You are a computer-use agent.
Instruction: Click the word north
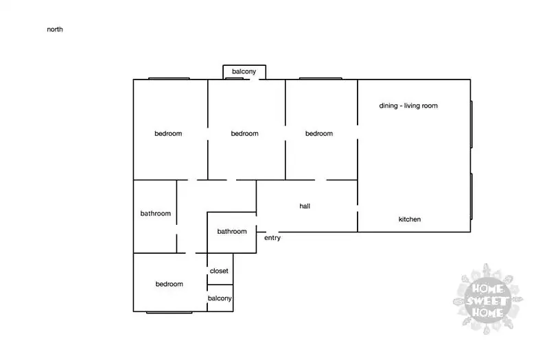click(55, 29)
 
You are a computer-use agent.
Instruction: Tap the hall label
click(305, 206)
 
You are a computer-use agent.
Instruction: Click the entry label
click(272, 238)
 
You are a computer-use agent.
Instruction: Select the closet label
click(219, 271)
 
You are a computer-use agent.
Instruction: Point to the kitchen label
click(410, 219)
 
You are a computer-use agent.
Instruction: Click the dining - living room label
click(408, 106)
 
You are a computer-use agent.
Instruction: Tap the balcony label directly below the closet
click(220, 298)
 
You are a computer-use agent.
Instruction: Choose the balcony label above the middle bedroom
click(244, 71)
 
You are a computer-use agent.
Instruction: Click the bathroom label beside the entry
click(232, 231)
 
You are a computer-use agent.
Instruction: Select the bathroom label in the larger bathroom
click(156, 213)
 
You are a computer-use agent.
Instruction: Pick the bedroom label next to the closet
click(169, 284)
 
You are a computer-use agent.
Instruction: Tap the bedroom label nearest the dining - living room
click(319, 133)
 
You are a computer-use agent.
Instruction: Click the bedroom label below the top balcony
click(245, 133)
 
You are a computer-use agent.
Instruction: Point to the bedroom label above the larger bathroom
click(168, 133)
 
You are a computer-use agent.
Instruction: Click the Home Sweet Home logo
click(488, 299)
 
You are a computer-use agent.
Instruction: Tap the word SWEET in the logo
click(487, 300)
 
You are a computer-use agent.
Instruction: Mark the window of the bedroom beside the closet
click(169, 312)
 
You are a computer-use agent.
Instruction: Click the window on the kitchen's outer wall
click(471, 196)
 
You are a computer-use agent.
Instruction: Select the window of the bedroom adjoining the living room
click(320, 78)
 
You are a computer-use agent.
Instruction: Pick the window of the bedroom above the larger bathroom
click(169, 78)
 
